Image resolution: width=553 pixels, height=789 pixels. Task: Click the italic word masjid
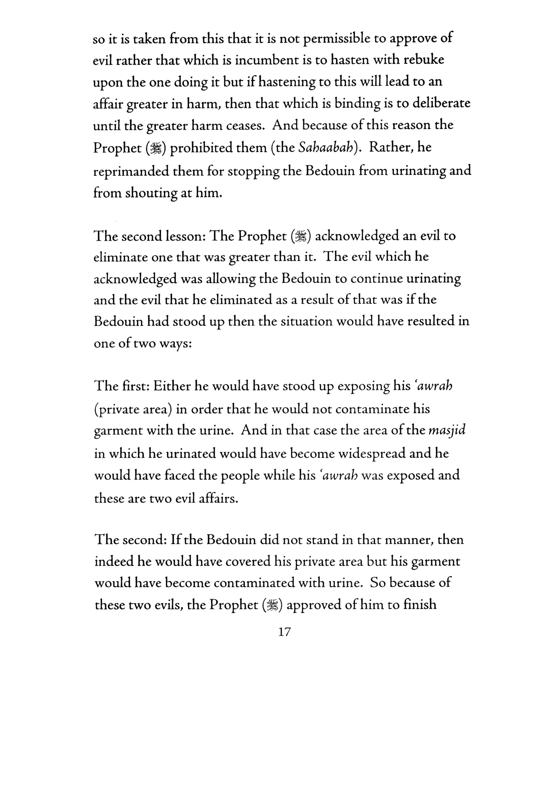click(x=447, y=431)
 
